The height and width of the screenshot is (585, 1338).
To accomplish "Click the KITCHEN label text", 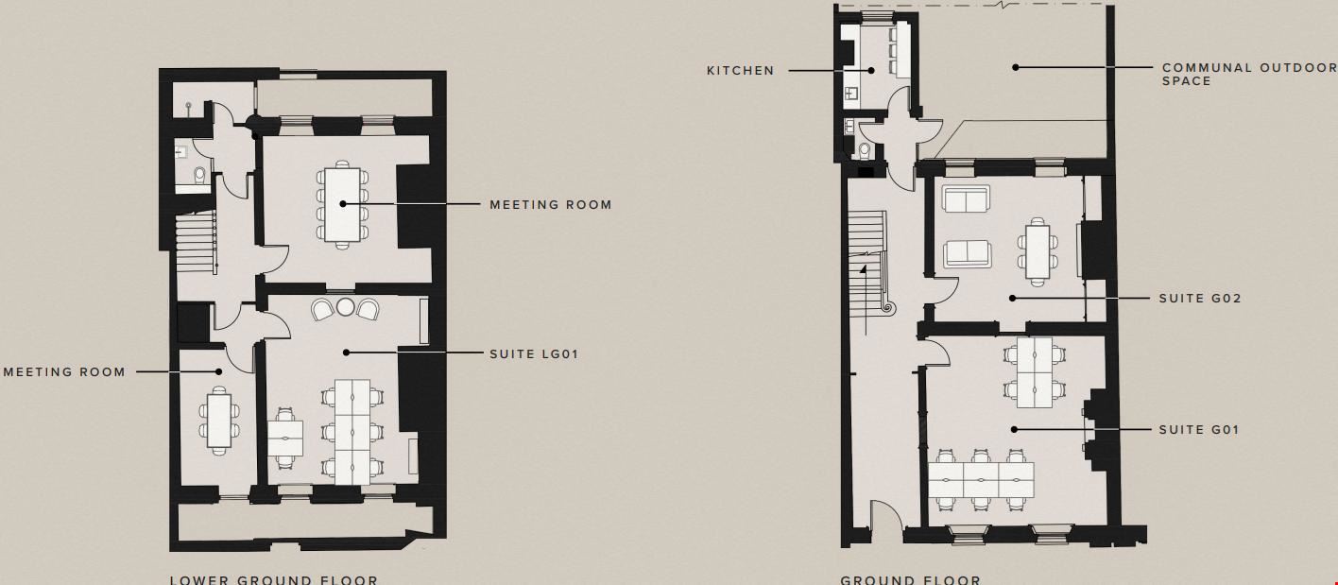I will [740, 71].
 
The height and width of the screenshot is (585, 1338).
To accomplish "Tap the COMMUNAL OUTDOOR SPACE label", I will [1248, 74].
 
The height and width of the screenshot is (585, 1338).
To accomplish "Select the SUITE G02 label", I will [1199, 299].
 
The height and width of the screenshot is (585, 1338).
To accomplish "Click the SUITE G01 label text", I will [1199, 430].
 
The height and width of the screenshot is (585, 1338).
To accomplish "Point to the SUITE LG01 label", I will [533, 354].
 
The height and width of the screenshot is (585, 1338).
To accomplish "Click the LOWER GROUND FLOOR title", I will [273, 579].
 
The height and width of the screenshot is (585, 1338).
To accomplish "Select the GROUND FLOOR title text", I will [910, 579].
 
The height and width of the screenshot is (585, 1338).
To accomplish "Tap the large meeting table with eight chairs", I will [341, 205].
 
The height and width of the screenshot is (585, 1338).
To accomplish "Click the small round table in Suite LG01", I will [345, 307].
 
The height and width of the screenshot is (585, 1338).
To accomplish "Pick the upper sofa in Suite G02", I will [965, 201].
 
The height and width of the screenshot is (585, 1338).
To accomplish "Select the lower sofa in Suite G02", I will [967, 253].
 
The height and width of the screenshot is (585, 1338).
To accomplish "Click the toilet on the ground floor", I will [865, 150].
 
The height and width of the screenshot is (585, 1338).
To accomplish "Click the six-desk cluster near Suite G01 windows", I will [981, 480].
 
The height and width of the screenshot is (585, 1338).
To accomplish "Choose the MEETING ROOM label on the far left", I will [64, 372].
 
